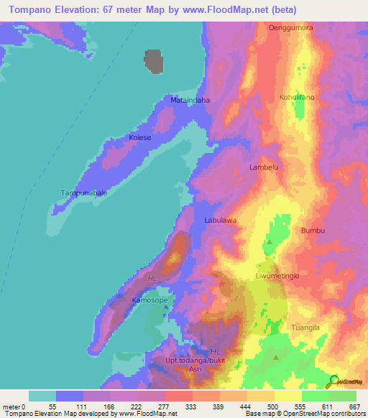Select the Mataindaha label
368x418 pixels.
pyautogui.click(x=190, y=101)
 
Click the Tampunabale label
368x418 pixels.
pyautogui.click(x=83, y=193)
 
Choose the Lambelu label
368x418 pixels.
pyautogui.click(x=263, y=167)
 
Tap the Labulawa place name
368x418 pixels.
pyautogui.click(x=220, y=220)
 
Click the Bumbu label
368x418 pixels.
pyautogui.click(x=314, y=231)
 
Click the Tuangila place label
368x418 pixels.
pyautogui.click(x=305, y=328)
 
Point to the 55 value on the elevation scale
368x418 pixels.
pyautogui.click(x=52, y=407)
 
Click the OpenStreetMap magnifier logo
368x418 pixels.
pyautogui.click(x=333, y=381)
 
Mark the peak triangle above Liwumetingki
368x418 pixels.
pyautogui.click(x=270, y=243)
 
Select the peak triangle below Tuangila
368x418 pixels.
pyautogui.click(x=277, y=356)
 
